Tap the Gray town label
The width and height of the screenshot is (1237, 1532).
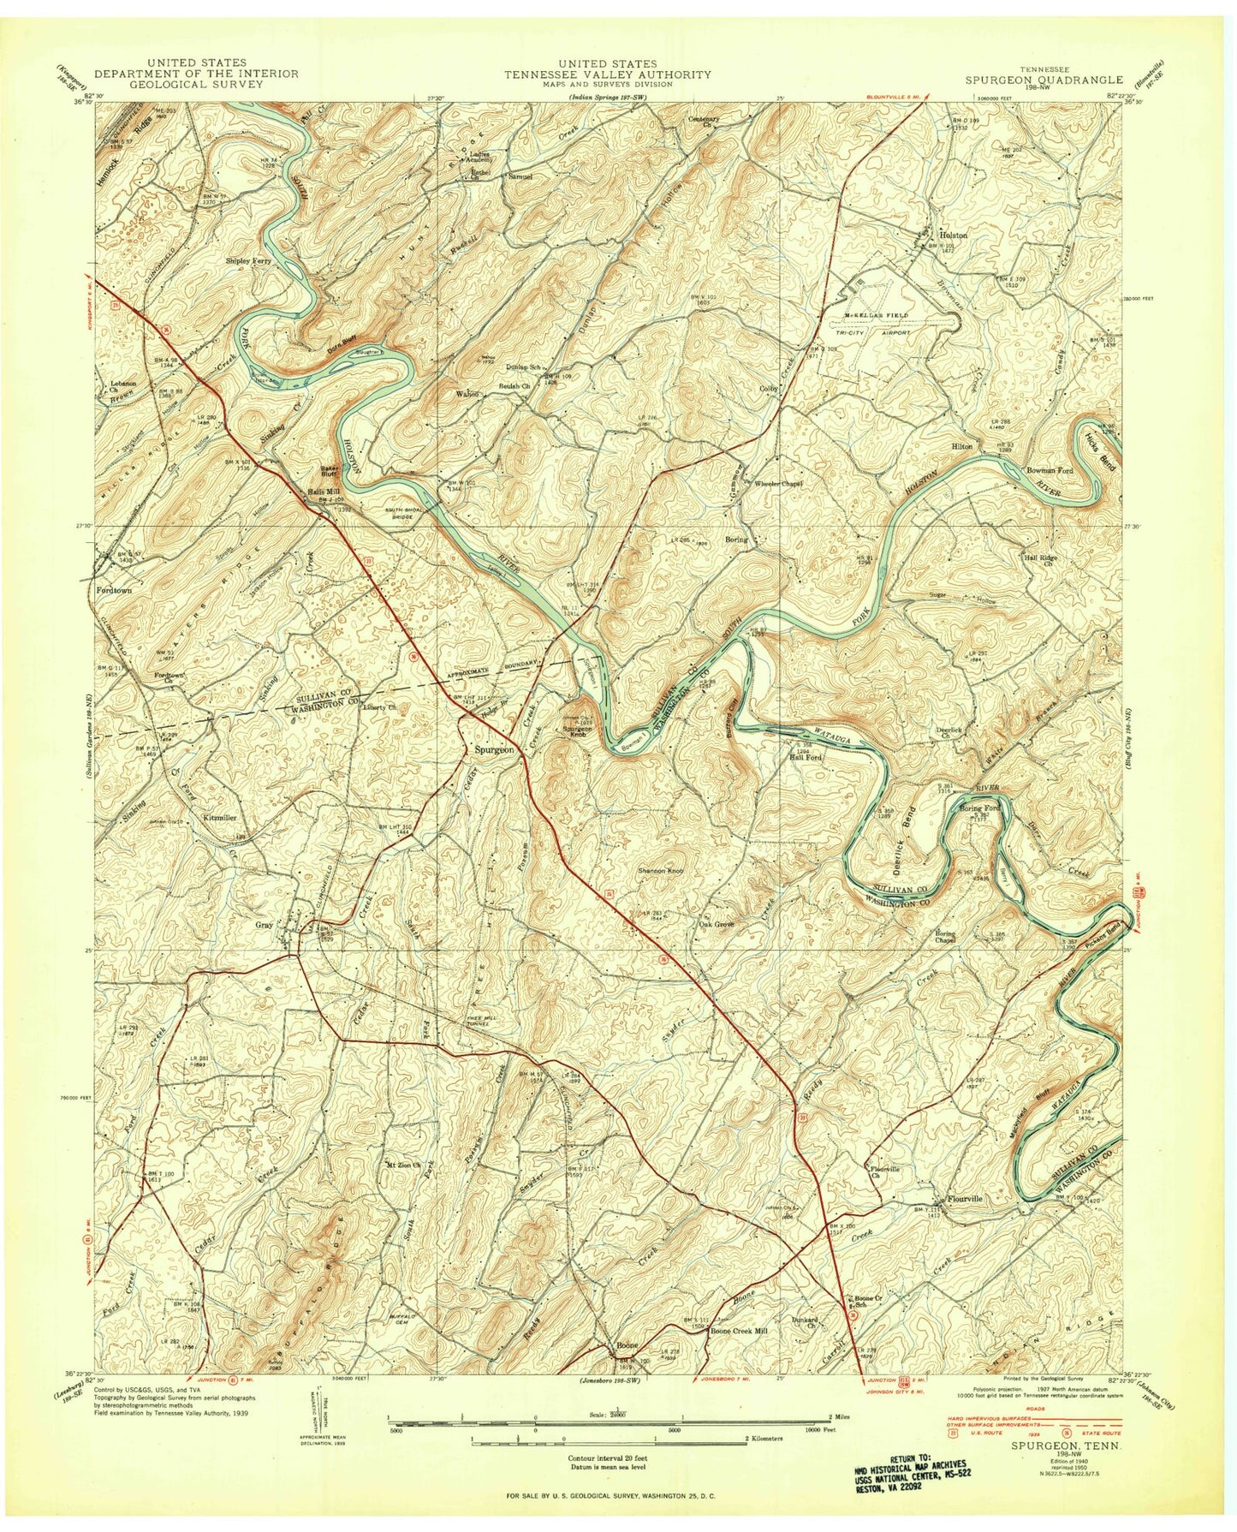(x=263, y=925)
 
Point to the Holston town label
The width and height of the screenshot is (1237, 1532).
(x=954, y=235)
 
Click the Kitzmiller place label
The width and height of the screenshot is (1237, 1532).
(x=219, y=818)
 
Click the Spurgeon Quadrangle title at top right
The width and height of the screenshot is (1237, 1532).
(x=1040, y=79)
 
